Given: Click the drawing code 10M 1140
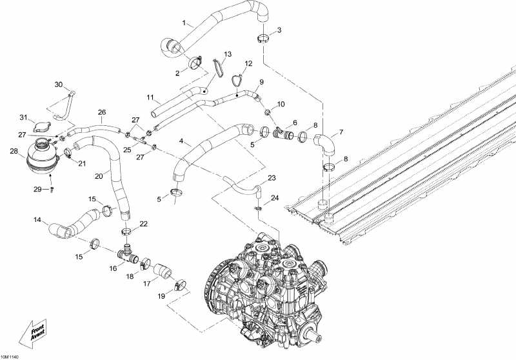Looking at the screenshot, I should [x=11, y=355].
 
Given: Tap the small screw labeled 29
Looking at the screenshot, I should [x=54, y=189].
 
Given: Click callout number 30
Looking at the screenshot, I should [x=58, y=85].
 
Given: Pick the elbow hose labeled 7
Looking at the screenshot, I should [x=326, y=144].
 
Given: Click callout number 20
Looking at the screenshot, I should [x=99, y=175].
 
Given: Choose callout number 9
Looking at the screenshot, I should [x=261, y=82].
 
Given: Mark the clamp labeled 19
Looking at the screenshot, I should [x=180, y=283].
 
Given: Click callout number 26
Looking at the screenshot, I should [x=101, y=112].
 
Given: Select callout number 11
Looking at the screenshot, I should [x=149, y=98].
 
